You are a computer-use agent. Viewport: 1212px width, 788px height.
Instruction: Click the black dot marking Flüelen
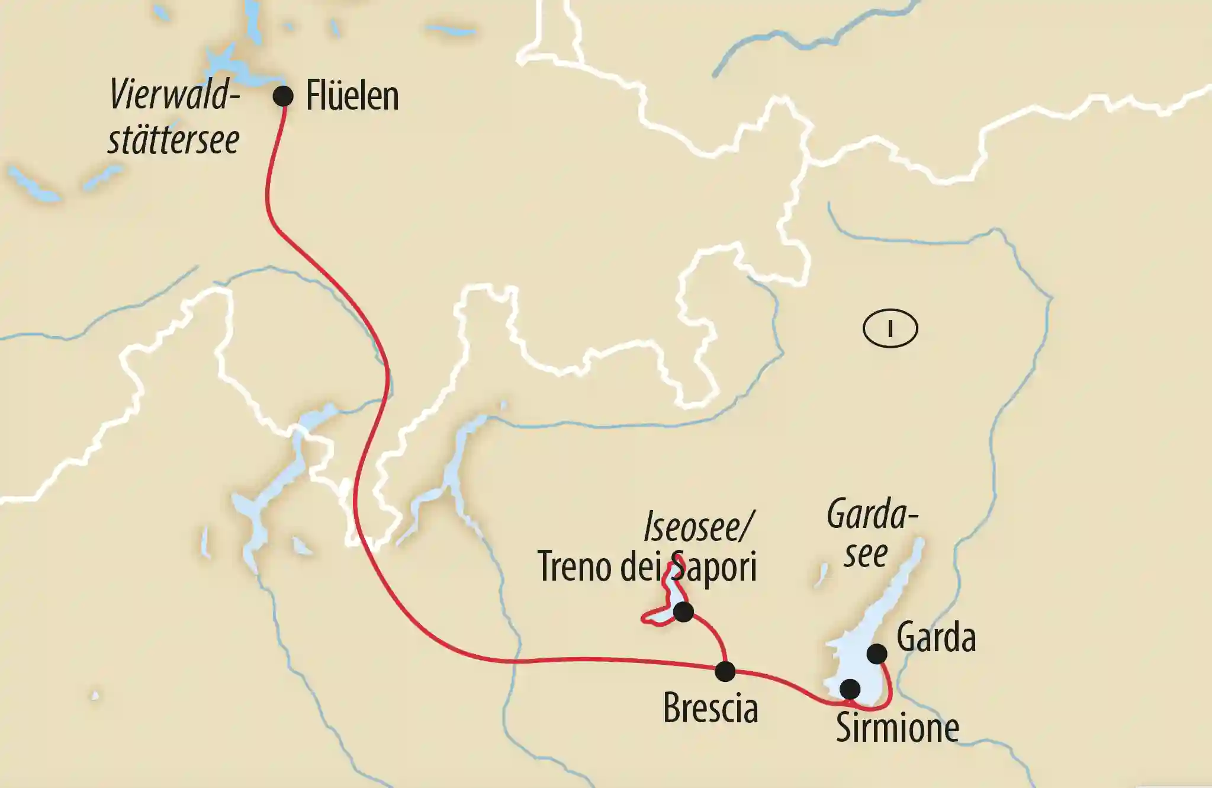(283, 96)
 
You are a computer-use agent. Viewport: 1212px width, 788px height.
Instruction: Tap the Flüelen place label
(352, 96)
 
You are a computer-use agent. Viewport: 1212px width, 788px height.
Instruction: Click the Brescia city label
(711, 708)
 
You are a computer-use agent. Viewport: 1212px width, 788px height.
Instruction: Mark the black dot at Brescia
(725, 671)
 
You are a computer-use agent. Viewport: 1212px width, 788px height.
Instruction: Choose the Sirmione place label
(897, 728)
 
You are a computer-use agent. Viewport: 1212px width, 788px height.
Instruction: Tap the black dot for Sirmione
(850, 689)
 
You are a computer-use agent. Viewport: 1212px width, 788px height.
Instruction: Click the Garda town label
(936, 638)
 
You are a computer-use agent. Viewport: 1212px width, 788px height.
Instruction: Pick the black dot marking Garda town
(877, 654)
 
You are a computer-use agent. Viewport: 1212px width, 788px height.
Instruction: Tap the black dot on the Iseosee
(684, 611)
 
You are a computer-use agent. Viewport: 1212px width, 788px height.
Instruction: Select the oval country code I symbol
(890, 328)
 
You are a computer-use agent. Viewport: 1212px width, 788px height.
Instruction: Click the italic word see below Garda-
(866, 555)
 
